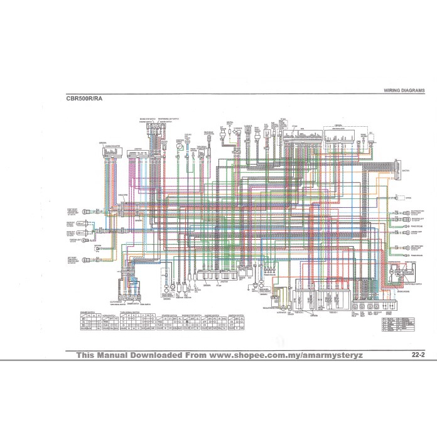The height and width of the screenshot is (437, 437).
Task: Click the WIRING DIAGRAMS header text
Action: point(407,90)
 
